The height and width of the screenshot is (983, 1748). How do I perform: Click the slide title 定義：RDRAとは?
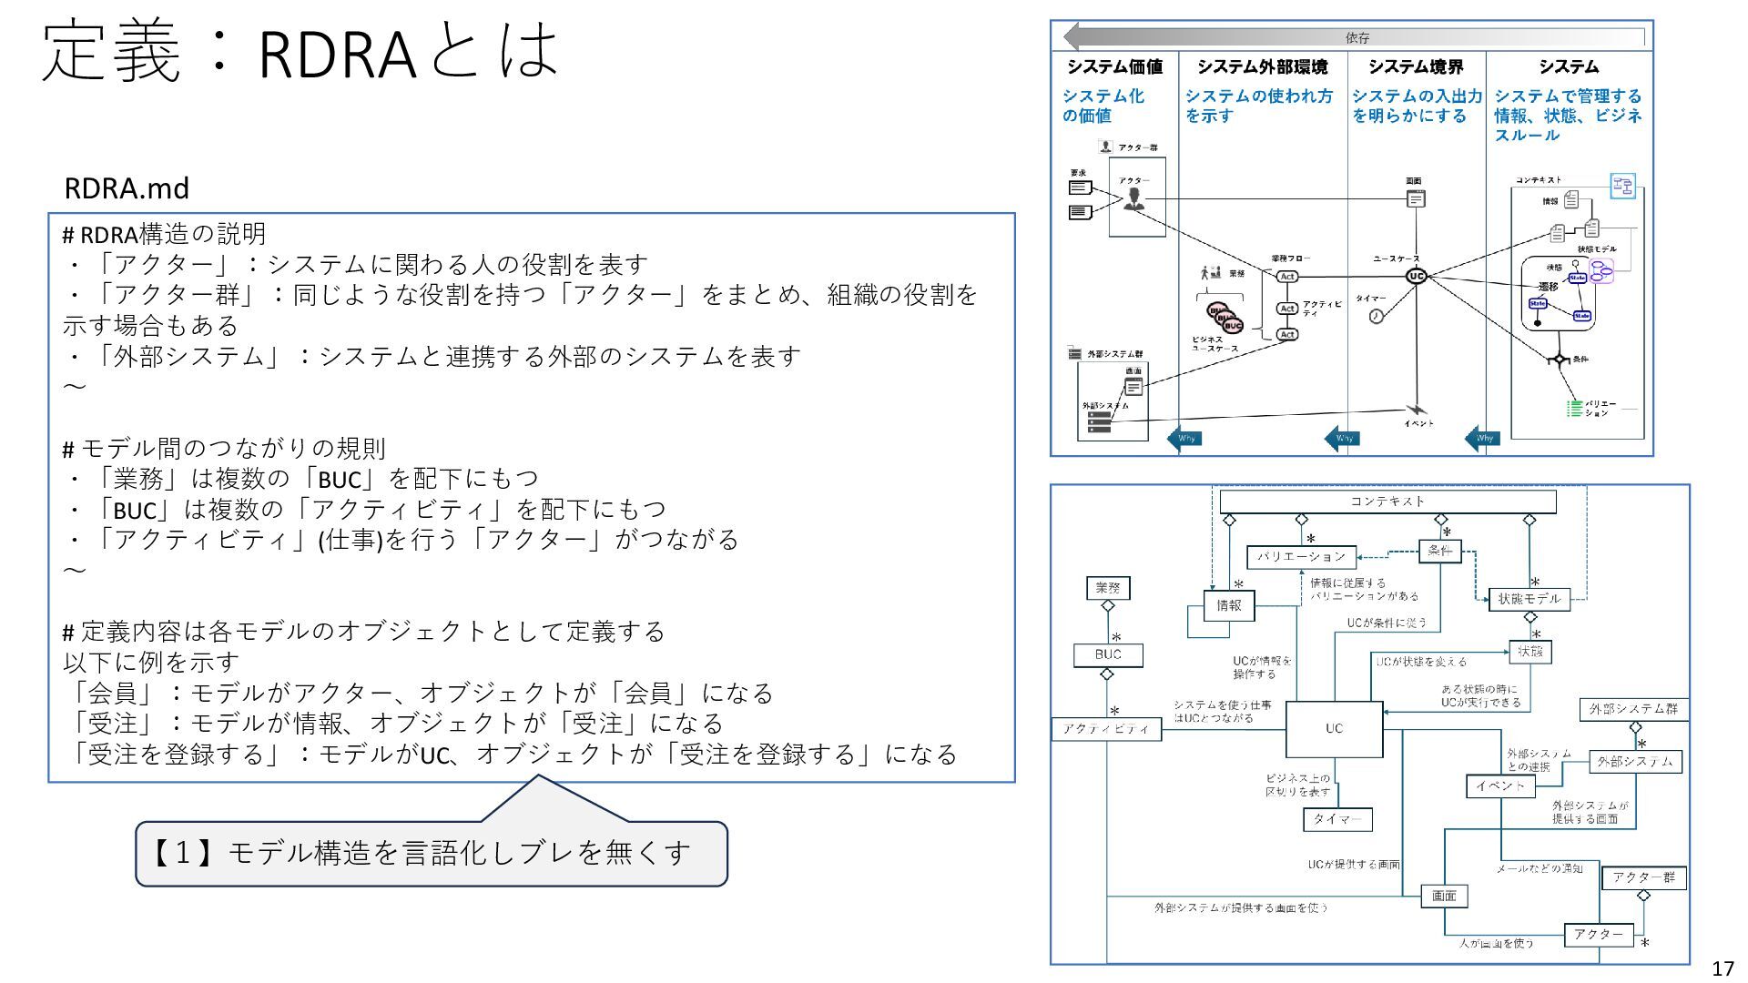[x=300, y=52]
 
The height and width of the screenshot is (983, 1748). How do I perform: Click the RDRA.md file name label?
[x=127, y=188]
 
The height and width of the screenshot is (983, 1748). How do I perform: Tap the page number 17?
[x=1723, y=968]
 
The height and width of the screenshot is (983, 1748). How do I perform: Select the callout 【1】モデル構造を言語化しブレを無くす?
[x=431, y=853]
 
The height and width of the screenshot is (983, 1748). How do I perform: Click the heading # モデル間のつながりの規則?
[x=224, y=448]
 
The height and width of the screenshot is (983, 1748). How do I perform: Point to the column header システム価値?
[x=1114, y=66]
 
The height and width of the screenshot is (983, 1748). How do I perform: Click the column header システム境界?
[x=1416, y=66]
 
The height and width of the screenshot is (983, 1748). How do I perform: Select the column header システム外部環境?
[x=1262, y=66]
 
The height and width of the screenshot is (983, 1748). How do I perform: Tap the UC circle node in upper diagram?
[x=1416, y=276]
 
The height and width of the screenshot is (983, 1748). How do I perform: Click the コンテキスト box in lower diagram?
[x=1387, y=502]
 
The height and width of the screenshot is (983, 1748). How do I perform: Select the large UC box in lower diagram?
[x=1334, y=728]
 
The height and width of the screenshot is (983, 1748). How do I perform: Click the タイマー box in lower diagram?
[x=1337, y=819]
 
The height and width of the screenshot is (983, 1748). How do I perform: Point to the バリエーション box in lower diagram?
[x=1301, y=556]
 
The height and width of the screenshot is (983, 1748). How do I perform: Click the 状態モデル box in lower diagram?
[x=1529, y=599]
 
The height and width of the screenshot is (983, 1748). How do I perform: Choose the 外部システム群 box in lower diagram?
[x=1633, y=709]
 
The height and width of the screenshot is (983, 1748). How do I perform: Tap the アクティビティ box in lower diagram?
[x=1106, y=729]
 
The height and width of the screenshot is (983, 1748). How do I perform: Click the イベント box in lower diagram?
[x=1500, y=786]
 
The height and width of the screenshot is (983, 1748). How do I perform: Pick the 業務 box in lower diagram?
[x=1108, y=588]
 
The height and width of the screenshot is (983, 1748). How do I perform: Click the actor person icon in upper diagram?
[x=1133, y=198]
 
